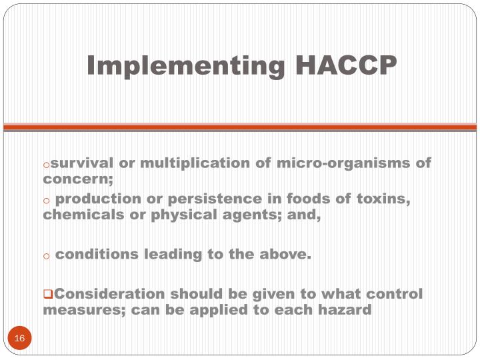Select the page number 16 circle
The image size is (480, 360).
click(19, 339)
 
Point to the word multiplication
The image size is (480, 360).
click(189, 163)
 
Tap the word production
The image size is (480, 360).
click(98, 199)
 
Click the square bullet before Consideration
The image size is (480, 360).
click(47, 294)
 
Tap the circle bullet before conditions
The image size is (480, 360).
click(47, 255)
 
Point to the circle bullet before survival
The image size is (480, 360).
click(47, 164)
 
